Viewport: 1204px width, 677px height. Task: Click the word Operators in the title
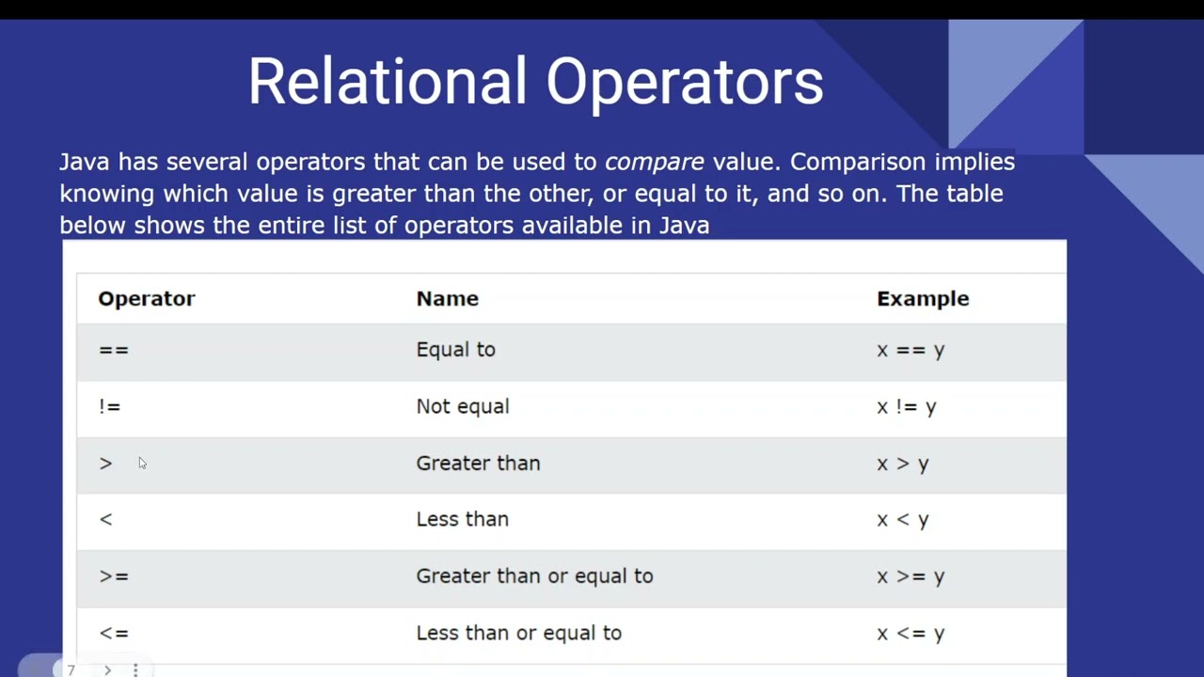685,82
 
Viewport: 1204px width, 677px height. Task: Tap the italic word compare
654,162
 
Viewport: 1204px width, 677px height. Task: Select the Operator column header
147,298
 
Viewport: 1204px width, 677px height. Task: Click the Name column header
447,298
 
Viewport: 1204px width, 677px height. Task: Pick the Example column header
922,298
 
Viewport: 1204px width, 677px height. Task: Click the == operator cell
113,350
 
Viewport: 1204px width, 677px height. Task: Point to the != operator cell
110,406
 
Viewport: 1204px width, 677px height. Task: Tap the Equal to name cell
455,350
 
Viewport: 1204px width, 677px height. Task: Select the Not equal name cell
462,406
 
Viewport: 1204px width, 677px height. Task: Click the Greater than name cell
478,463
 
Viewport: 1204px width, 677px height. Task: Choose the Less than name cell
462,519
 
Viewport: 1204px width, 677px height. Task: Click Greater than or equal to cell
534,575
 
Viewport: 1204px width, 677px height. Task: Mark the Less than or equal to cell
518,633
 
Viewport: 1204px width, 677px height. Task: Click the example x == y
910,350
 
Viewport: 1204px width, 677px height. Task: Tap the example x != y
906,406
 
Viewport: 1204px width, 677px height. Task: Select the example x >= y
910,575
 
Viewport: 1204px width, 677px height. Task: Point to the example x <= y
910,633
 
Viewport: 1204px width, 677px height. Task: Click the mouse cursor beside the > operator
142,463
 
